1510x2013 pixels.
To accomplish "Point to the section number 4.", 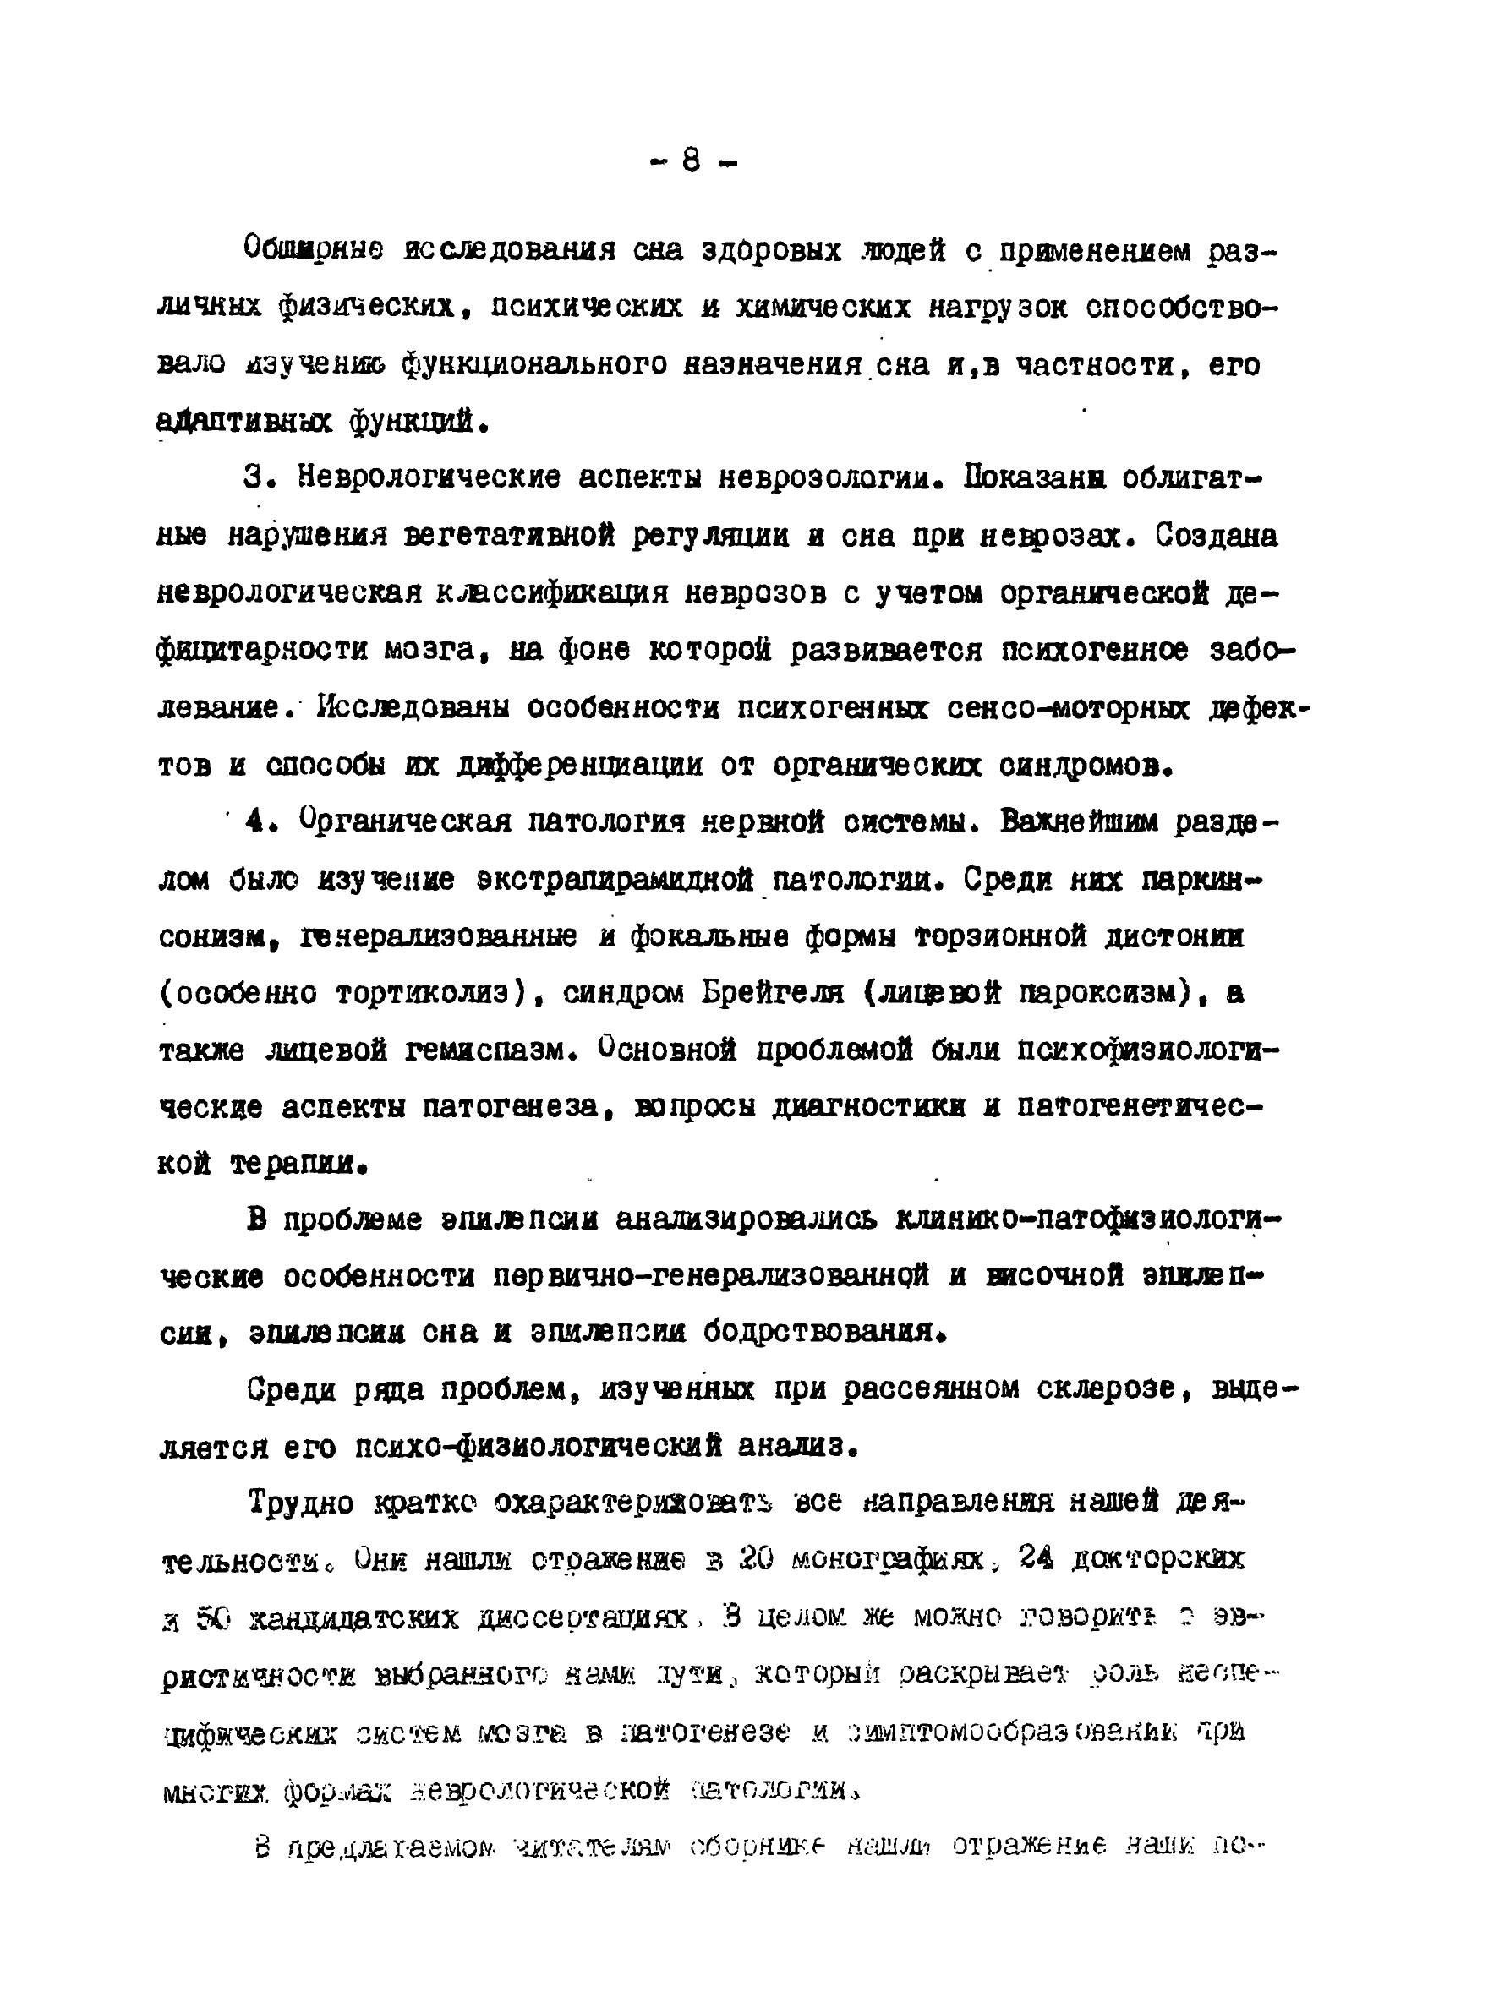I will pyautogui.click(x=258, y=822).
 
